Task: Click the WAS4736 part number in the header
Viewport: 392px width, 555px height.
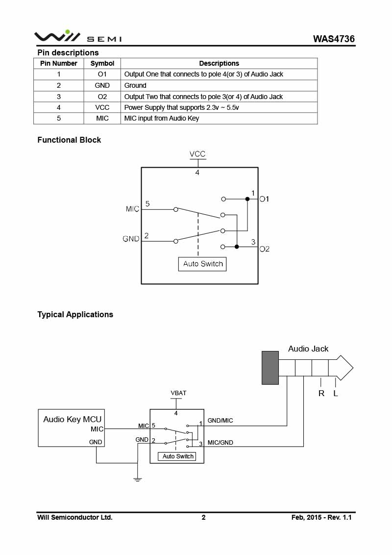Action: click(334, 39)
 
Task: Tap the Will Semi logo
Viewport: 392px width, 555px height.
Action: click(78, 36)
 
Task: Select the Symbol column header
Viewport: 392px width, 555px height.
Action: click(102, 63)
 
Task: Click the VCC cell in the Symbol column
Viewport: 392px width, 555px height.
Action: click(102, 107)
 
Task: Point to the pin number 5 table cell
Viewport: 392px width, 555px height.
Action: click(59, 118)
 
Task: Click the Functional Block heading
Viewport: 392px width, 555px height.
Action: click(69, 140)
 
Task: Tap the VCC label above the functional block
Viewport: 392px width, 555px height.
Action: click(197, 154)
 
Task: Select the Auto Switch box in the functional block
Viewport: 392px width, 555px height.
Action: click(202, 264)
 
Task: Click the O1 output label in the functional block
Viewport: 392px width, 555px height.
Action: click(264, 199)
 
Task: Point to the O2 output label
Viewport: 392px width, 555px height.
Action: click(264, 249)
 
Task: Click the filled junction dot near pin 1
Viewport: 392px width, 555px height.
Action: click(247, 199)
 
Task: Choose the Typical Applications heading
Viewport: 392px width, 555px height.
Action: click(75, 314)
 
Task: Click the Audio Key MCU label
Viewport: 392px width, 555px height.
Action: click(72, 419)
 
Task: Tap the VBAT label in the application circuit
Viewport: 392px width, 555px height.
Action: click(178, 393)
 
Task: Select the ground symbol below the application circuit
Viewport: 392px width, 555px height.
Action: click(138, 479)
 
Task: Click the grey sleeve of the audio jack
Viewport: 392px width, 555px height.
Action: click(270, 368)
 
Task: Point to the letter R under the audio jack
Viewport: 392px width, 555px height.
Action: click(321, 393)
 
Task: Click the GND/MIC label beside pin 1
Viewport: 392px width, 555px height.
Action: click(220, 421)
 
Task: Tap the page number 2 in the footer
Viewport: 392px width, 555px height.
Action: click(203, 517)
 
